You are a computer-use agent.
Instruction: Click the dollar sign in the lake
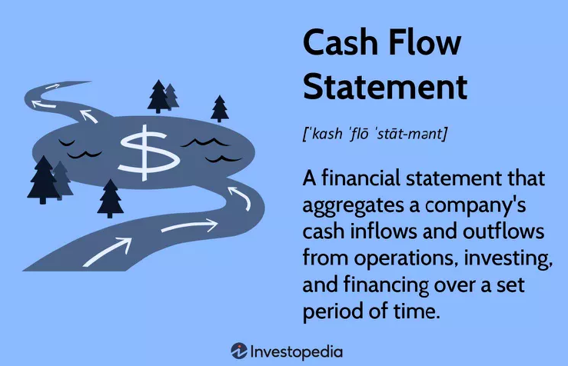(145, 150)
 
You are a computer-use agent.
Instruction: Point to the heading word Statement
(384, 87)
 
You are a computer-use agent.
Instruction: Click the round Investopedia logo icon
(239, 351)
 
